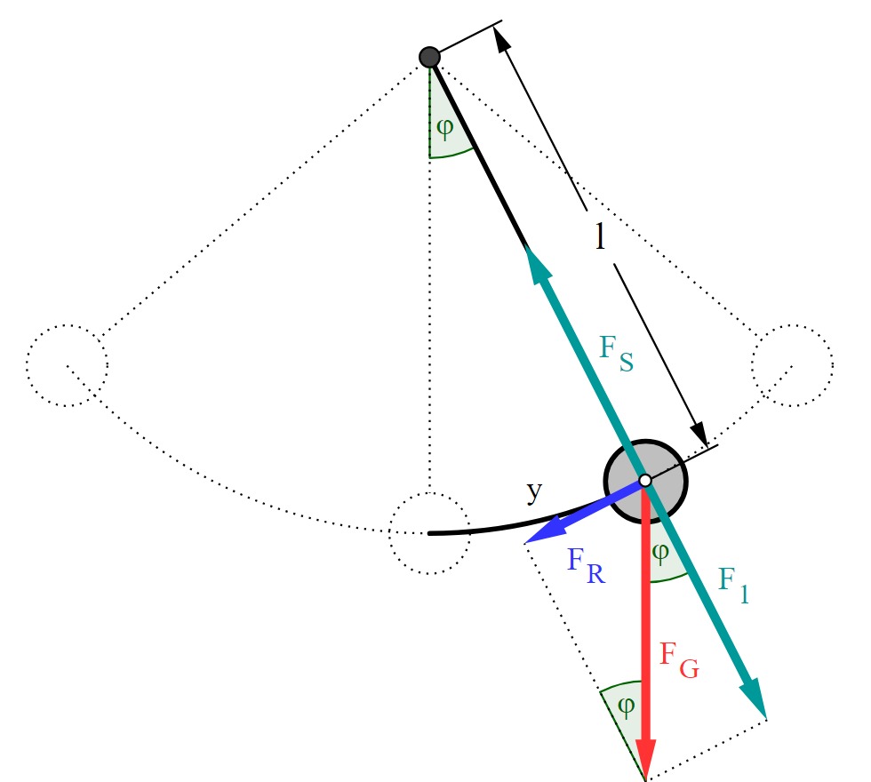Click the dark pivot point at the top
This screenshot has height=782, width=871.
pos(429,57)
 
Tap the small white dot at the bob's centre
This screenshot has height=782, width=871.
pos(645,481)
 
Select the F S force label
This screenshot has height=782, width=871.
pos(616,354)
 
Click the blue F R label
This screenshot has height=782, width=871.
pos(586,565)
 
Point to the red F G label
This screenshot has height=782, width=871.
pos(679,660)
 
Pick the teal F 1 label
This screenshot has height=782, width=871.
pos(733,586)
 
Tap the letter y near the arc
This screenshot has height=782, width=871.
pos(534,491)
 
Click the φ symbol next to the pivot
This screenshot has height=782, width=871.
pos(445,128)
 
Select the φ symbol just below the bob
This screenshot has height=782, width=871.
pos(659,553)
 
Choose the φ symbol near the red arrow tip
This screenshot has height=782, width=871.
pos(626,706)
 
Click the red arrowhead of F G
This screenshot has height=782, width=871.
pos(645,759)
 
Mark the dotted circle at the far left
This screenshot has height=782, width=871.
pos(68,365)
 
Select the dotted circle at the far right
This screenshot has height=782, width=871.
pos(793,365)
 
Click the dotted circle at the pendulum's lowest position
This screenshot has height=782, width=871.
pos(429,533)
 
